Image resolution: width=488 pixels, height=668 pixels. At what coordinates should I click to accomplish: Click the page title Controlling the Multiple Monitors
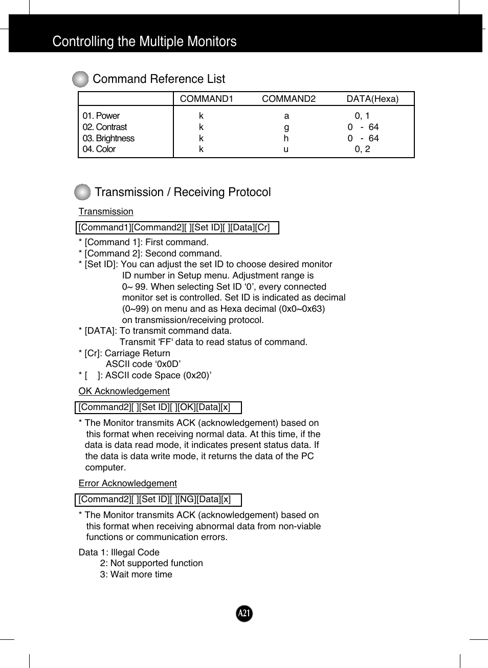[x=144, y=41]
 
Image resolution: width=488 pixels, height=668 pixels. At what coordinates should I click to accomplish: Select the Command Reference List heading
[x=159, y=79]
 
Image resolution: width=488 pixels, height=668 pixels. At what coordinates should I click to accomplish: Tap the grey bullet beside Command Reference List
[x=80, y=79]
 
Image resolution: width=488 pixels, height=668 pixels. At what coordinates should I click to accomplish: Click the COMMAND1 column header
[x=206, y=99]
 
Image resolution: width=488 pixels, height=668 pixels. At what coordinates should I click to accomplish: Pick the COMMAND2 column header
[x=289, y=99]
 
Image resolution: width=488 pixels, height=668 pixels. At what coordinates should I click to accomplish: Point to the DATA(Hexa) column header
[x=372, y=99]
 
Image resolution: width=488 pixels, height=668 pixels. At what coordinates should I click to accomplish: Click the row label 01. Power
[x=101, y=116]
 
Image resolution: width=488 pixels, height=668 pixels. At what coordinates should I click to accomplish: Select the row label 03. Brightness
[x=108, y=138]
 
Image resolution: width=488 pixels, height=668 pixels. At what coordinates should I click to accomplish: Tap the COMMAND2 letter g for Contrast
[x=286, y=127]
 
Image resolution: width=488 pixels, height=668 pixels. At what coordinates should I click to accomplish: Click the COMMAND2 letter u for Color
[x=286, y=149]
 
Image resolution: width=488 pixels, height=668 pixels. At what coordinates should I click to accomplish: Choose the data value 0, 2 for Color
[x=362, y=149]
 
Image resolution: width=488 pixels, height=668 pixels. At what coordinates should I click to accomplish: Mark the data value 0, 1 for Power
[x=362, y=116]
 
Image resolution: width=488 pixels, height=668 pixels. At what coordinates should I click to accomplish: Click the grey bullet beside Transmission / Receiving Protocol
[x=82, y=192]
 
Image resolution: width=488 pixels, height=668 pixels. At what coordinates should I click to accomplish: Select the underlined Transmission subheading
[x=106, y=211]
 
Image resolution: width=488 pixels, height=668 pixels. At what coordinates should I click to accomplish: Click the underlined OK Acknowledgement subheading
[x=124, y=391]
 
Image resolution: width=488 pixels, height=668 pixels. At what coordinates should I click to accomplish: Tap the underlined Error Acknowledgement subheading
[x=127, y=483]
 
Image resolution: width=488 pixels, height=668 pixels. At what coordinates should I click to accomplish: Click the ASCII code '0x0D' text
[x=143, y=364]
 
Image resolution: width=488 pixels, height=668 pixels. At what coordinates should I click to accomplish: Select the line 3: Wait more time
[x=136, y=574]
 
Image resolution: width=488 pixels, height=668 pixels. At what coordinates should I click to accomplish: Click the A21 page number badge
[x=245, y=613]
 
